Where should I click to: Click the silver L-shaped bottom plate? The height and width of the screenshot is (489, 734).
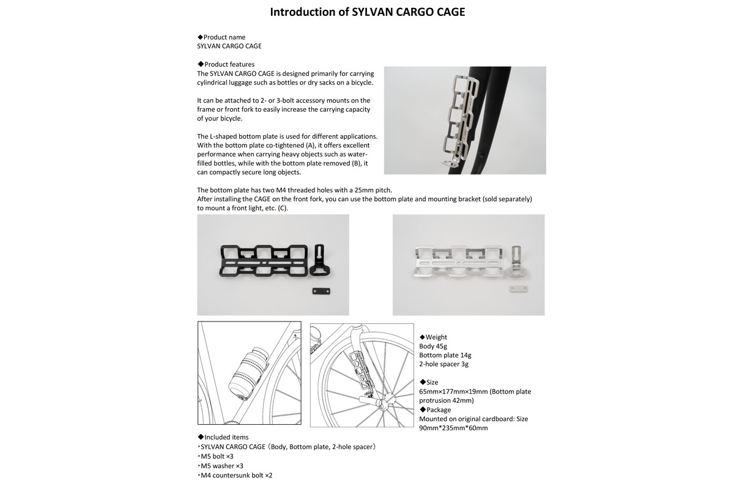click(x=516, y=261)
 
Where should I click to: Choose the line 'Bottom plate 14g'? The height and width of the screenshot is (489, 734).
click(x=445, y=355)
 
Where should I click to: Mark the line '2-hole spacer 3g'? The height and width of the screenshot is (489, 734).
click(x=443, y=364)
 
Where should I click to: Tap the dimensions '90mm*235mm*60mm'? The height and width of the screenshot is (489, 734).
click(x=453, y=428)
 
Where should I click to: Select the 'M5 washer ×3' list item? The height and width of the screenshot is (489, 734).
click(x=220, y=466)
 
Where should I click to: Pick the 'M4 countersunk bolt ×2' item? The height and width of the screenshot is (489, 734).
click(x=234, y=475)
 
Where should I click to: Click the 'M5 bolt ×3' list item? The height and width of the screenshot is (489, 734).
click(x=215, y=456)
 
